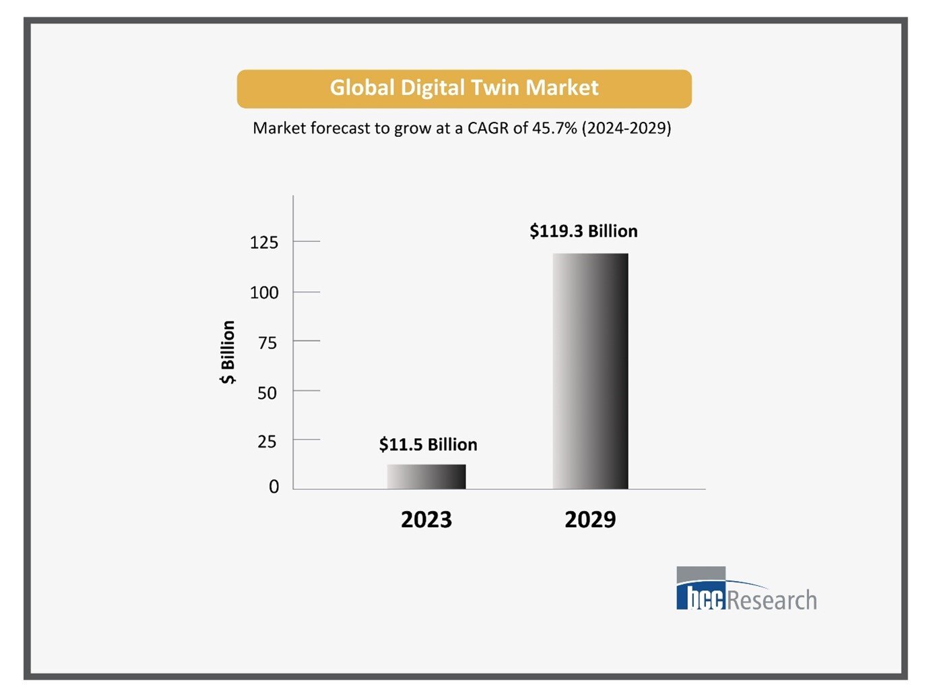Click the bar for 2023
(x=426, y=477)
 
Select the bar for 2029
(x=590, y=371)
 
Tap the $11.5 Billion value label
(x=428, y=445)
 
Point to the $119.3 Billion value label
(x=583, y=231)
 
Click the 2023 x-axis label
(x=426, y=520)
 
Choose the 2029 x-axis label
(x=590, y=520)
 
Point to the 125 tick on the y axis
(x=264, y=243)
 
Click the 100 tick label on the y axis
(x=264, y=293)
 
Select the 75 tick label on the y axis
(x=267, y=343)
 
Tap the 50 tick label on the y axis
(x=267, y=393)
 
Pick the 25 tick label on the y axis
(x=267, y=442)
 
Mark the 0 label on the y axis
(x=274, y=487)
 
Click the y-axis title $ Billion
(x=228, y=352)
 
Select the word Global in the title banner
(x=362, y=88)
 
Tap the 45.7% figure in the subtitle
(x=554, y=128)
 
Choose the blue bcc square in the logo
(x=701, y=596)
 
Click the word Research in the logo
(x=772, y=599)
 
